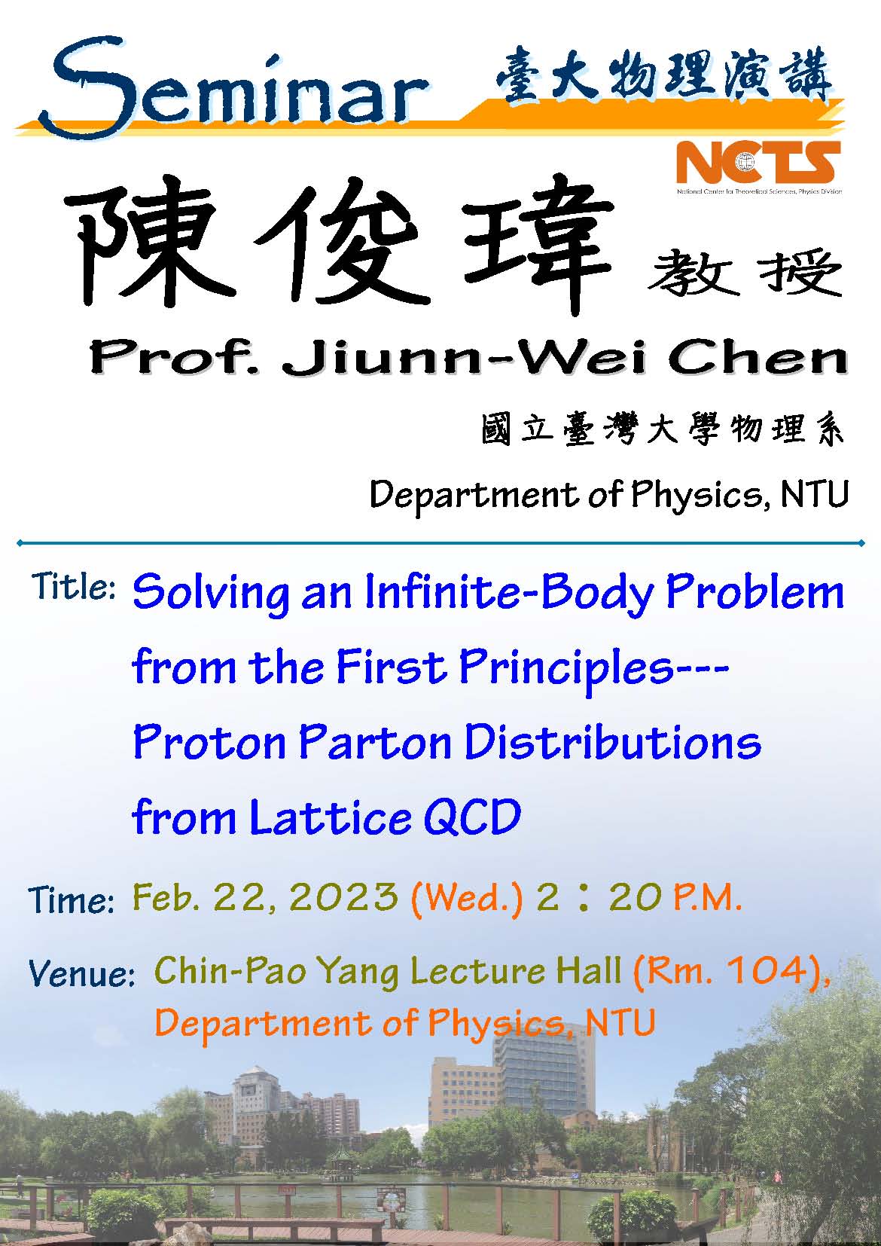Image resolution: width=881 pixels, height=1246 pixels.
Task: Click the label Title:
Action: coord(74,586)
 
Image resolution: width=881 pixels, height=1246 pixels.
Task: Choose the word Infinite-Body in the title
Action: coord(509,594)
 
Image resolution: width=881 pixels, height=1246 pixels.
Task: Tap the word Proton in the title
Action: coord(209,743)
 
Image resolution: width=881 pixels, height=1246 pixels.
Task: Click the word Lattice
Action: coord(330,817)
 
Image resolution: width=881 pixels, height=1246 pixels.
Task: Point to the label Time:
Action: coord(71,900)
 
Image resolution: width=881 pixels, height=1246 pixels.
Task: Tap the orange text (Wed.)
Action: coord(467,898)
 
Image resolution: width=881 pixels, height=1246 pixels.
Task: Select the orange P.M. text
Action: coord(706,897)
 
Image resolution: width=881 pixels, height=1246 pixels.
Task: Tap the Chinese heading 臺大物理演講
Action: coord(663,75)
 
